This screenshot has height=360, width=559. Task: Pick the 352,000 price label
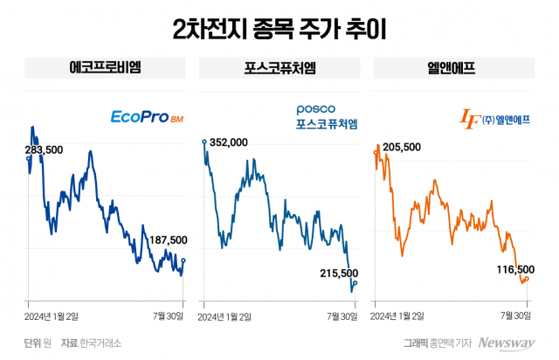pyautogui.click(x=229, y=142)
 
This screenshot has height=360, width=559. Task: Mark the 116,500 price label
pyautogui.click(x=513, y=270)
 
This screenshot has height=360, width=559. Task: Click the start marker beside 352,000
pyautogui.click(x=204, y=141)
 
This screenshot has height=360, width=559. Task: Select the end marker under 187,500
pyautogui.click(x=183, y=260)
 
